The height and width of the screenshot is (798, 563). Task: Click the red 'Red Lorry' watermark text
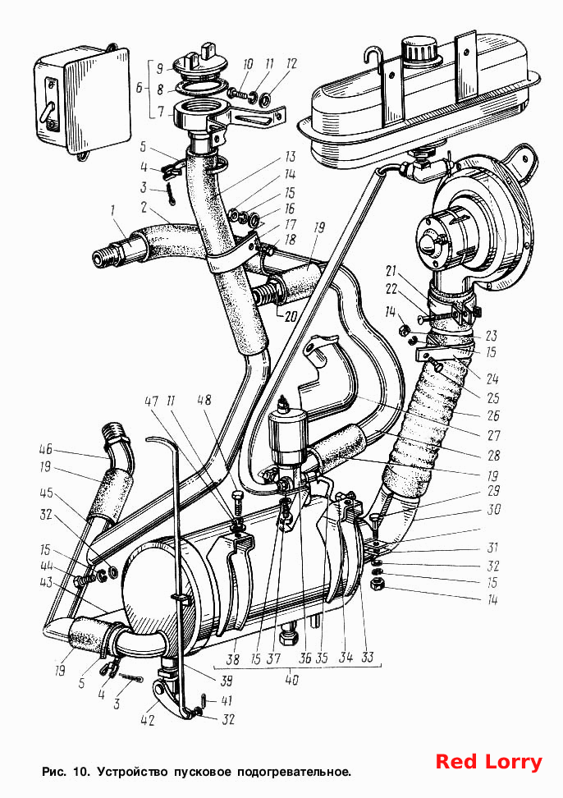tap(489, 762)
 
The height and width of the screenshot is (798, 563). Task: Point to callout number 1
tap(113, 209)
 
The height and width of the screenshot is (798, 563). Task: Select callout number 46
tap(46, 451)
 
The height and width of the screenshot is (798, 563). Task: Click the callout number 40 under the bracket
tap(291, 681)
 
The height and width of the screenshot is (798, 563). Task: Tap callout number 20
tap(291, 317)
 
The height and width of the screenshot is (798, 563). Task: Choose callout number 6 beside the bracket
tap(140, 88)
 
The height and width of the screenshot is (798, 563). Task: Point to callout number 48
tap(205, 401)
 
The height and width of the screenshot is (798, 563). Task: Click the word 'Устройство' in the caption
tap(132, 772)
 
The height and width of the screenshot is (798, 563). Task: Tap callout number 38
tap(233, 659)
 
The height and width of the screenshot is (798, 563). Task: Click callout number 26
tap(493, 415)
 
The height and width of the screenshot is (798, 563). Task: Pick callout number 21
tap(391, 271)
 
